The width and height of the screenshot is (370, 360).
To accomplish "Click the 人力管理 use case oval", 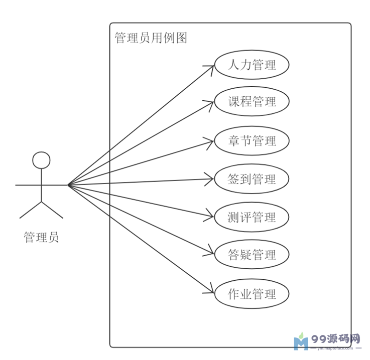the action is coord(252,65).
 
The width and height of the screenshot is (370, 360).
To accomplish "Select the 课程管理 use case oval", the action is coord(252,102).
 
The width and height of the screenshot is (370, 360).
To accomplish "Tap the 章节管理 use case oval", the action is coord(252,141).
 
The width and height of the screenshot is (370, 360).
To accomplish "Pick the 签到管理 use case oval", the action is coord(252,179).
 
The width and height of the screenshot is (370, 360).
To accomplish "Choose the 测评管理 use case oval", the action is coord(252,217).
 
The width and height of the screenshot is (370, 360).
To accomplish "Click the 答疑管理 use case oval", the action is coord(252,255).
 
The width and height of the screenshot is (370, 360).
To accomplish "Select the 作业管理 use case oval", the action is coord(252,293).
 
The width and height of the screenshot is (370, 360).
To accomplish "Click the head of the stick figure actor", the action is coord(41,160).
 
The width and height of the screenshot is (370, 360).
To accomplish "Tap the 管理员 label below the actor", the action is coord(41,237).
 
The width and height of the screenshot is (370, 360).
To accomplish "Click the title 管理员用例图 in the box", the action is coord(151,38).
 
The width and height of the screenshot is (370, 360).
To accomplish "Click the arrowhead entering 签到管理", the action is coord(212,179).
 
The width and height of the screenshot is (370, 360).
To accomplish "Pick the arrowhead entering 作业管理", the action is coord(212,292).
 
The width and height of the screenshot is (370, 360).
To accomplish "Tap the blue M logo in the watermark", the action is coord(301,342).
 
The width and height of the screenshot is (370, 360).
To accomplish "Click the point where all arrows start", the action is coord(68,185).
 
